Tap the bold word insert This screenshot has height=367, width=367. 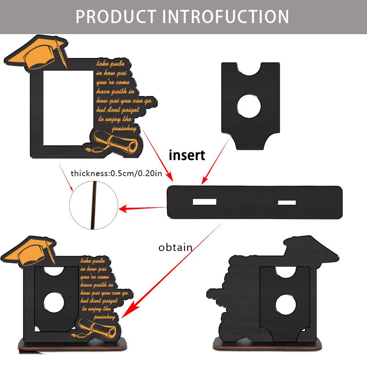(x=187, y=155)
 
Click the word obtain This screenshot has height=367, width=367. (x=175, y=247)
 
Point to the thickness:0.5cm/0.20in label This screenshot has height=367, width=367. (x=116, y=173)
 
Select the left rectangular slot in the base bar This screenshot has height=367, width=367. (x=204, y=202)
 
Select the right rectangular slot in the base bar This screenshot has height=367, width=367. (x=287, y=202)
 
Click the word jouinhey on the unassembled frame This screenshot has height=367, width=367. (x=125, y=128)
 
